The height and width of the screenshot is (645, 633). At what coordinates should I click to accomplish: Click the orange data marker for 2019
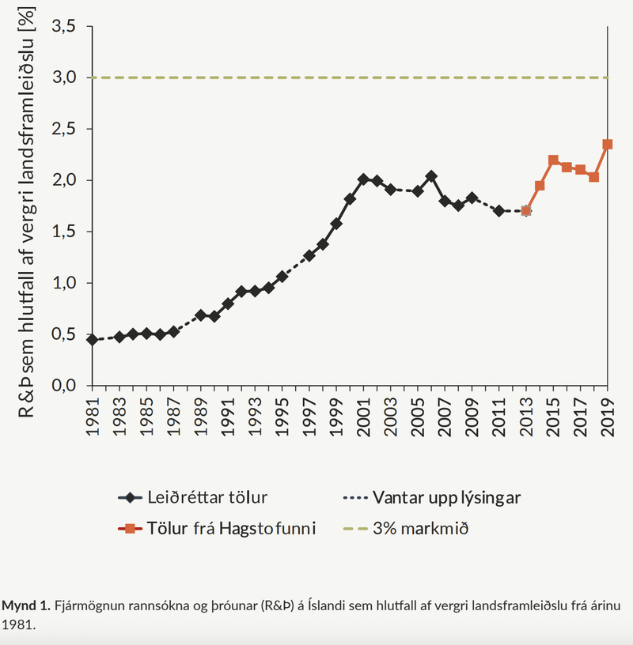pyautogui.click(x=608, y=145)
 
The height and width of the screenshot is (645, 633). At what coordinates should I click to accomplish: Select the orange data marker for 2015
pyautogui.click(x=553, y=160)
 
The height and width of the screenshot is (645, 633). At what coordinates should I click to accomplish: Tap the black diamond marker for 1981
pyautogui.click(x=93, y=340)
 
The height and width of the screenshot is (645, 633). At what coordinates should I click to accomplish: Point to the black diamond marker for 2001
pyautogui.click(x=363, y=179)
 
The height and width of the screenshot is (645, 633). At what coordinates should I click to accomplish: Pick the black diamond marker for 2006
pyautogui.click(x=431, y=176)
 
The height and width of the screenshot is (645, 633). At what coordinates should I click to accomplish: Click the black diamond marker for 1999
pyautogui.click(x=336, y=224)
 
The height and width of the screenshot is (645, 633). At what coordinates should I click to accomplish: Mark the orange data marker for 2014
pyautogui.click(x=540, y=186)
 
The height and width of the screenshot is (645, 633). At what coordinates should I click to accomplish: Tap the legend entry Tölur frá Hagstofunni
pyautogui.click(x=229, y=528)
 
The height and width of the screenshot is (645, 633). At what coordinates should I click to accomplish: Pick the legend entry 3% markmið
pyautogui.click(x=419, y=528)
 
